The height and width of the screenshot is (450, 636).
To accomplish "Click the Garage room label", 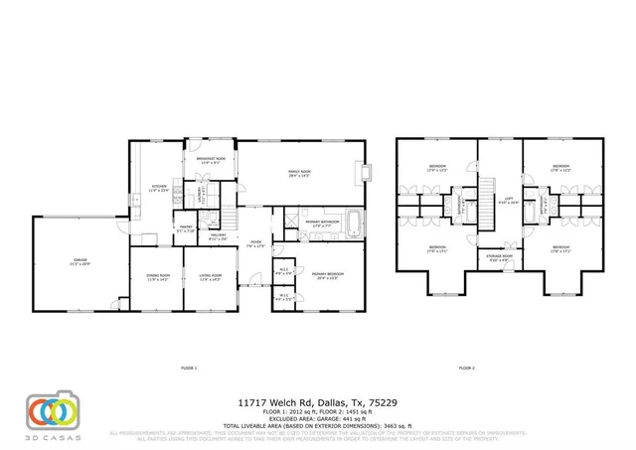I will click(x=80, y=261).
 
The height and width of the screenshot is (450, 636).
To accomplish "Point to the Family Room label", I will click(x=299, y=174).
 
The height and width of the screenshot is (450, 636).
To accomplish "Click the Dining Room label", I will click(x=158, y=278).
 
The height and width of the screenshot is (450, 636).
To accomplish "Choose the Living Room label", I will click(x=211, y=278).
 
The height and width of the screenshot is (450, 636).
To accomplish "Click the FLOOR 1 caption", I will click(x=189, y=369).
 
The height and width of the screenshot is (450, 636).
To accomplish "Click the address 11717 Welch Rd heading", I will click(x=317, y=402).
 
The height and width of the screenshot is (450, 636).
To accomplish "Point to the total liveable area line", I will click(x=318, y=424).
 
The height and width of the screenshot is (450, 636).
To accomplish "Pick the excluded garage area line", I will click(x=318, y=417).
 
